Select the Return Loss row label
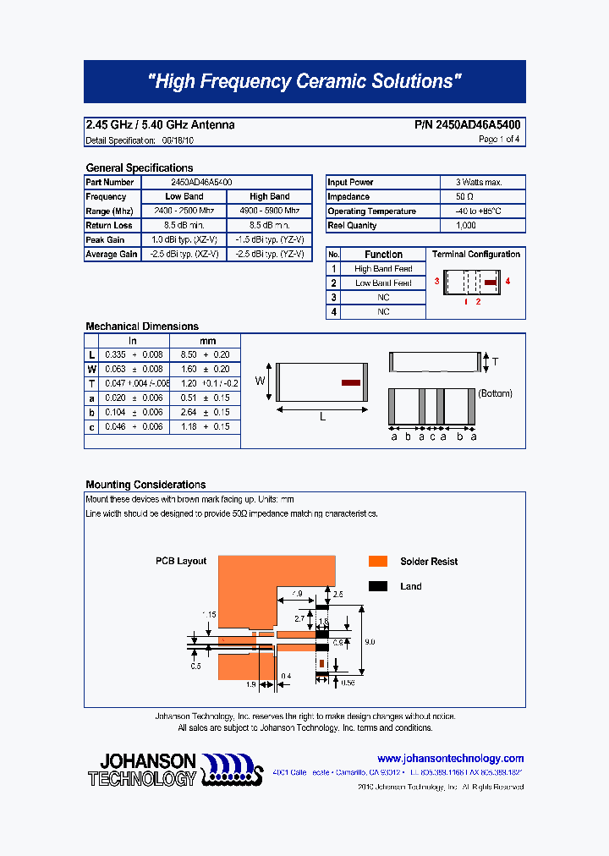point(109,226)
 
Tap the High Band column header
point(269,197)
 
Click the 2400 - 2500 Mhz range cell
point(184,211)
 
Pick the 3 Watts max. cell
point(479,183)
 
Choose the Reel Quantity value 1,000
point(466,226)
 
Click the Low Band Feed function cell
point(383,283)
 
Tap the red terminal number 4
point(507,281)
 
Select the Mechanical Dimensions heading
point(142,326)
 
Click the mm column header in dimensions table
point(205,341)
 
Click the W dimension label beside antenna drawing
point(261,381)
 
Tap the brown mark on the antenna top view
point(350,382)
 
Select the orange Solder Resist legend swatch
point(378,562)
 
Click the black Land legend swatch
point(378,586)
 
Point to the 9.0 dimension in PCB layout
point(369,642)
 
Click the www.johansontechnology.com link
point(450,759)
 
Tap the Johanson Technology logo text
point(142,769)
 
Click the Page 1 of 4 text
point(499,140)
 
